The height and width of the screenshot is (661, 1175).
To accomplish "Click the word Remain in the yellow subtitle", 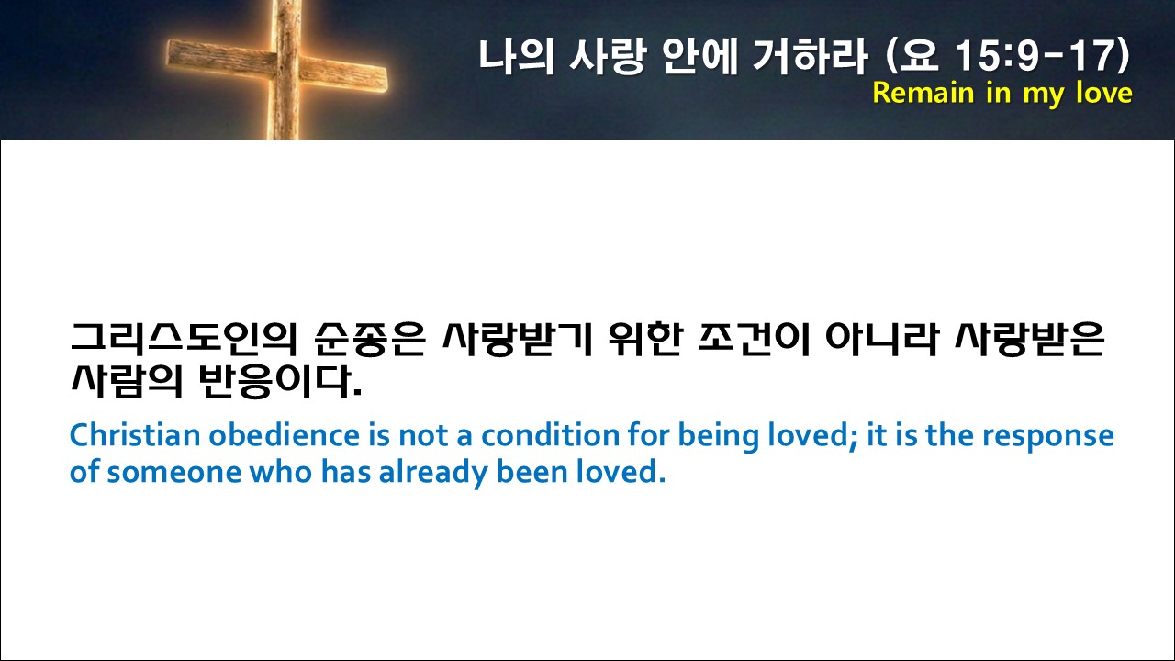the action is [923, 94].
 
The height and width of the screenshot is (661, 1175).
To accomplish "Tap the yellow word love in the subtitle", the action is [1103, 93].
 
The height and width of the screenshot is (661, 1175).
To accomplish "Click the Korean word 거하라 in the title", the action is [810, 55].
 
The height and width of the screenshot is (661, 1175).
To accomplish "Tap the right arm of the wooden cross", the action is [344, 75].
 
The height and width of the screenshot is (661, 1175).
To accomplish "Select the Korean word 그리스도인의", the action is [185, 339].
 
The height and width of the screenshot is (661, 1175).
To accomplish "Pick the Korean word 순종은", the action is [370, 339].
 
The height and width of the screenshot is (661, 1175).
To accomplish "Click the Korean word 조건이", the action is [755, 339].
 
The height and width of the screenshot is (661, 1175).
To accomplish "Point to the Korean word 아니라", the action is [881, 339].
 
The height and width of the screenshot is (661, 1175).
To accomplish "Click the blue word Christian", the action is [135, 435].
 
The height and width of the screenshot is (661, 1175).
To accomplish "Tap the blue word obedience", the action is [285, 435].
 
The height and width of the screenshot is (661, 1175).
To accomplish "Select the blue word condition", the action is [550, 435].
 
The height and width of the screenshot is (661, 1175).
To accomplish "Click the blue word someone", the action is [174, 472].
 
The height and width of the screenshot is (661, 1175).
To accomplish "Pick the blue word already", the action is [433, 473].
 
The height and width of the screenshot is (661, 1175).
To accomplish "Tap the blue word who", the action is [281, 471].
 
